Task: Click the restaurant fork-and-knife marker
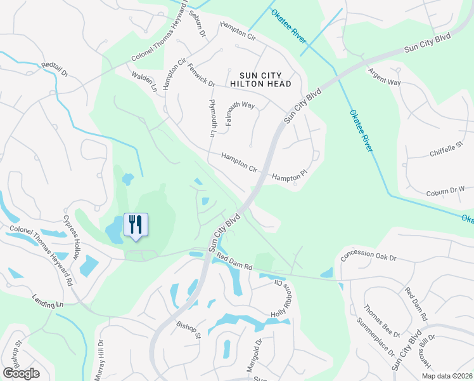[x=135, y=225]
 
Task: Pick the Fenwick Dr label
[x=202, y=76]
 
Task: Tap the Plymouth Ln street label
[x=213, y=117]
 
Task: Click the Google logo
[x=21, y=373]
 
